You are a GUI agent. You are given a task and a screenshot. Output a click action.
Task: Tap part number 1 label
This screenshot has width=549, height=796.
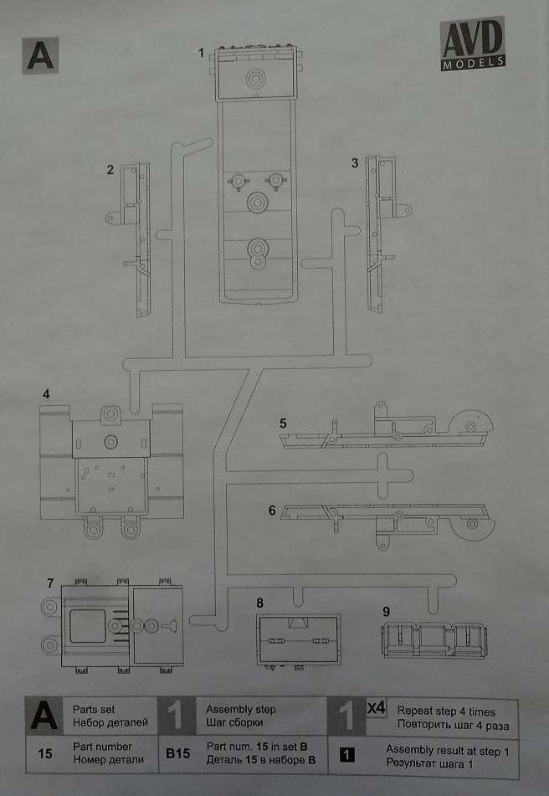point(201,54)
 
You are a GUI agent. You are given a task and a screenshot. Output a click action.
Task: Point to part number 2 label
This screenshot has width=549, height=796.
point(110,170)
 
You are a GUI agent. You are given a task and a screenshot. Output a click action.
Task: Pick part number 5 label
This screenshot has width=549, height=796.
point(283,423)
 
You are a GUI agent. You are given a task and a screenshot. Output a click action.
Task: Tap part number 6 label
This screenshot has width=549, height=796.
point(272,509)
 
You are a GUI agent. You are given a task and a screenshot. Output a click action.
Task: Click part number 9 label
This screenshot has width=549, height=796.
point(386,611)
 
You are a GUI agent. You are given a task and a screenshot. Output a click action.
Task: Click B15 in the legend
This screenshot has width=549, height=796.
point(177,753)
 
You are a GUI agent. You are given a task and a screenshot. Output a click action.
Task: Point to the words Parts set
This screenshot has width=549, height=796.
point(94,710)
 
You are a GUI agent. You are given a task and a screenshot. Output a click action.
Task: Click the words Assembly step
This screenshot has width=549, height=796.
point(241,710)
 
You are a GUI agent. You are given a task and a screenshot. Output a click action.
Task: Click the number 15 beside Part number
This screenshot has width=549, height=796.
point(45,753)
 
